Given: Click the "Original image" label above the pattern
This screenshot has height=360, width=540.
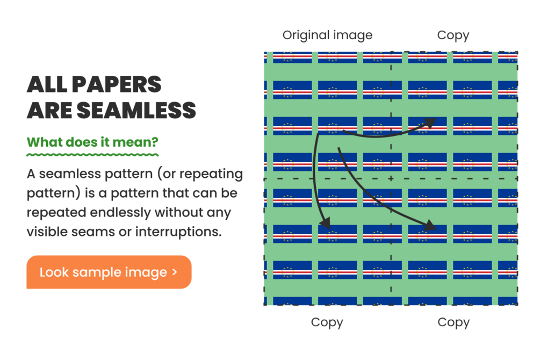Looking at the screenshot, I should [x=327, y=35].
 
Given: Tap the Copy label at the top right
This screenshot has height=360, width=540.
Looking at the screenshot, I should [x=453, y=35].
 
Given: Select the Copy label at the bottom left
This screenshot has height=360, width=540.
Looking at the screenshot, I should [x=327, y=322].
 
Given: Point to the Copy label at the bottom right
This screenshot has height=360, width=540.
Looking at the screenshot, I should [x=453, y=322].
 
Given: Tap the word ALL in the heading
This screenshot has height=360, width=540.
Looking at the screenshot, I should [x=47, y=84].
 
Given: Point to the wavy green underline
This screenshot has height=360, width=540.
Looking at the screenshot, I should [x=92, y=155].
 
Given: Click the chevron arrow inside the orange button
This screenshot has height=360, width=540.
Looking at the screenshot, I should [x=175, y=272].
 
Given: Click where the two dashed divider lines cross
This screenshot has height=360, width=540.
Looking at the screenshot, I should [x=391, y=178].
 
